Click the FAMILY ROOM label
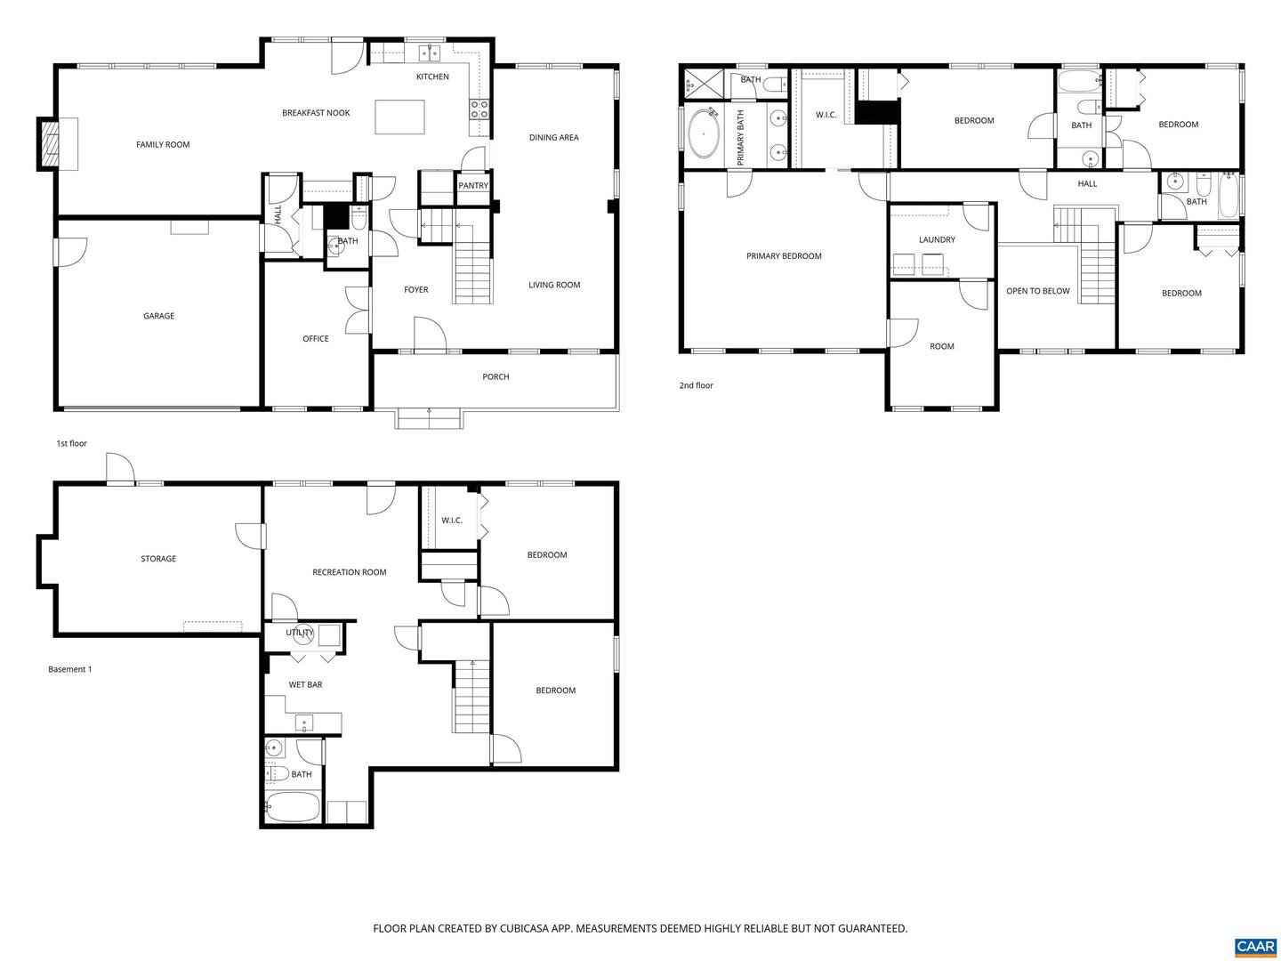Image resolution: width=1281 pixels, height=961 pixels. click(x=163, y=144)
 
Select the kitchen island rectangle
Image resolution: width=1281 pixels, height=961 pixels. click(x=399, y=117)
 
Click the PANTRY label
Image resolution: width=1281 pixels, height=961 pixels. click(x=473, y=186)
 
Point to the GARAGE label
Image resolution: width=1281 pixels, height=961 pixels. click(x=159, y=316)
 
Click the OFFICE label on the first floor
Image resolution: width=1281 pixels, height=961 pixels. click(x=316, y=339)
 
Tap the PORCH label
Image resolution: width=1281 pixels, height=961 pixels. click(x=495, y=377)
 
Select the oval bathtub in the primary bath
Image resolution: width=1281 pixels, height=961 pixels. click(x=706, y=133)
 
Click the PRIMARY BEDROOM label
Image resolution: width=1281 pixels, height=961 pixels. click(x=784, y=256)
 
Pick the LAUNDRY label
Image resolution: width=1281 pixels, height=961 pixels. click(x=937, y=240)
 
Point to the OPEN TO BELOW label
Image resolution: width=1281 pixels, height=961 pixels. click(x=1037, y=291)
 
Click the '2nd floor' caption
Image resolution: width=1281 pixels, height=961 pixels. click(x=697, y=385)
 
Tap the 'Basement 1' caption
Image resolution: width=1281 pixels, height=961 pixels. click(x=70, y=669)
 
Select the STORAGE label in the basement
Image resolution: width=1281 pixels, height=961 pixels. click(x=158, y=559)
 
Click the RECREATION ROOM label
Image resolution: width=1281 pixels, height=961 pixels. click(x=350, y=572)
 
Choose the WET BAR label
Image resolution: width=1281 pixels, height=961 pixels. click(x=305, y=685)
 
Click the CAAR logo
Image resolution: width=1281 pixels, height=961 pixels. click(x=1255, y=946)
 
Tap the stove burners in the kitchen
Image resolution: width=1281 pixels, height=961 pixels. click(x=479, y=109)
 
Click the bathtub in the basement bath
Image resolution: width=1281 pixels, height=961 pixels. click(x=294, y=808)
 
